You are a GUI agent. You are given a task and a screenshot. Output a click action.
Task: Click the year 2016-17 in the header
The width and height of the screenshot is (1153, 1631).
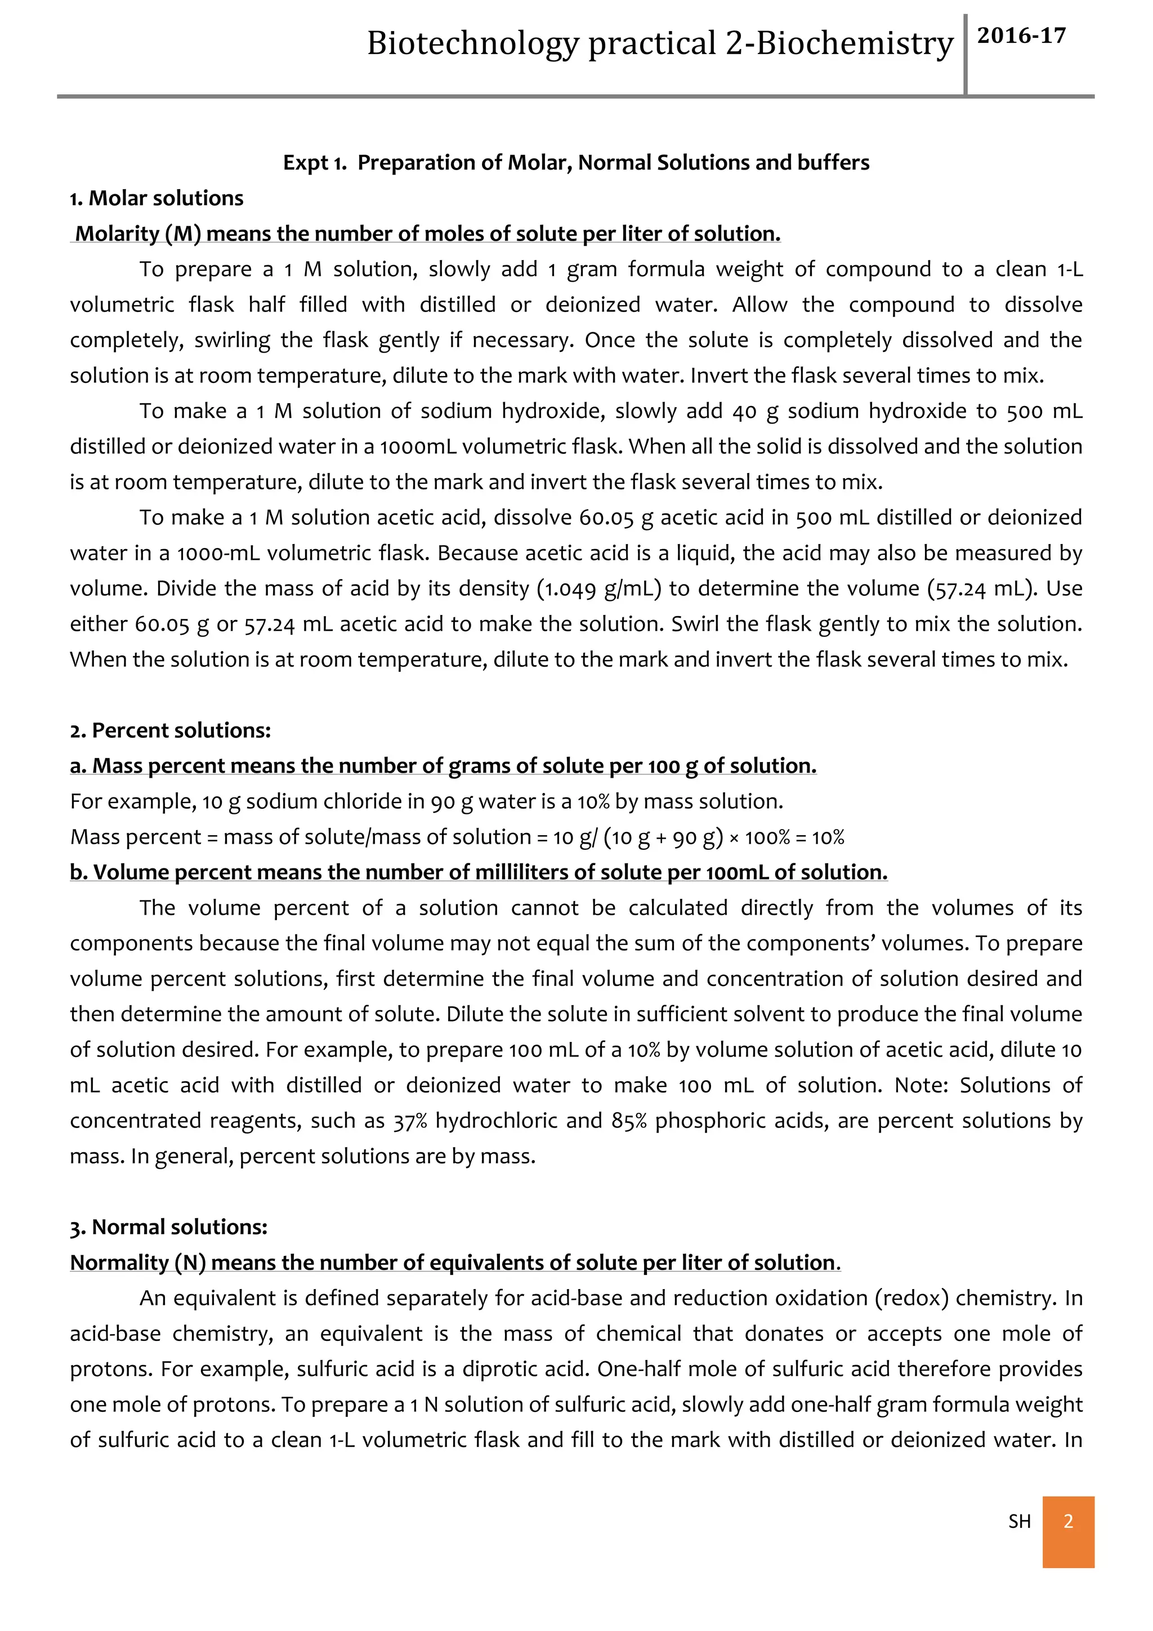(1021, 36)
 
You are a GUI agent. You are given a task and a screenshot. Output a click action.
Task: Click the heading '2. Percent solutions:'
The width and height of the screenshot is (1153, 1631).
(171, 730)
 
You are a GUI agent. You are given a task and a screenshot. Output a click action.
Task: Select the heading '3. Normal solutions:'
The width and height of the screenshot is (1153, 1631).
(168, 1227)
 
